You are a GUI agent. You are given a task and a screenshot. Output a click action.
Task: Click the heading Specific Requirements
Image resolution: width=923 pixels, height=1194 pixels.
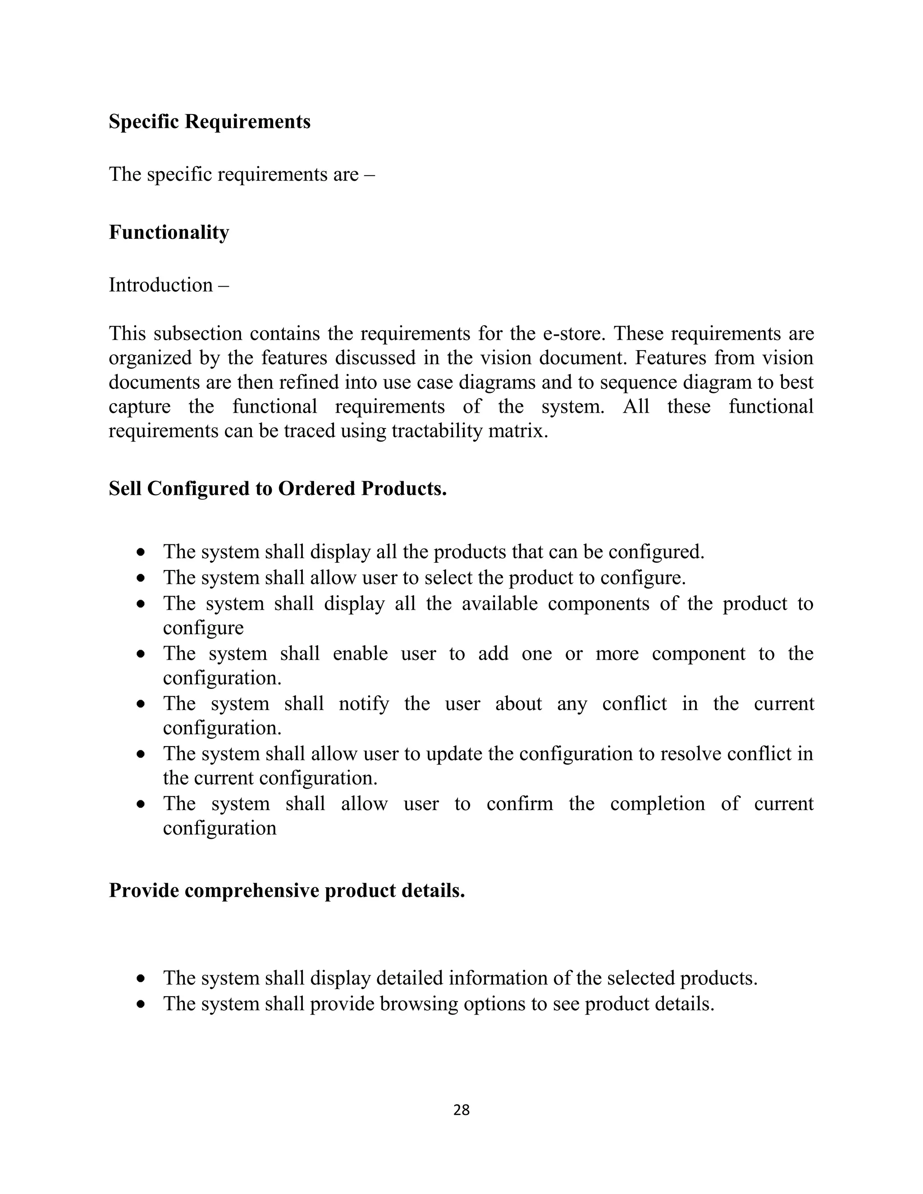[x=210, y=121]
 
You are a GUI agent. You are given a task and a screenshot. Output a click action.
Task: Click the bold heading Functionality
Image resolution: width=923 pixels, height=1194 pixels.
[x=169, y=232]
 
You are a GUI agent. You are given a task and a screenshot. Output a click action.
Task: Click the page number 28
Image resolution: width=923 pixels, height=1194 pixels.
[x=461, y=1110]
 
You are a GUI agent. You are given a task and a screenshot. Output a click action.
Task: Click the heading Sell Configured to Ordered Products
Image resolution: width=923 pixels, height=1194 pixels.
[x=278, y=488]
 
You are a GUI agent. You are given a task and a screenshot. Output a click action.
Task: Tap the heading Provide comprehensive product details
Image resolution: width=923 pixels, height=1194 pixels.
[x=287, y=891]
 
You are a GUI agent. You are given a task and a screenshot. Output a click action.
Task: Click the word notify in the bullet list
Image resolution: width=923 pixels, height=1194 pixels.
[x=364, y=704]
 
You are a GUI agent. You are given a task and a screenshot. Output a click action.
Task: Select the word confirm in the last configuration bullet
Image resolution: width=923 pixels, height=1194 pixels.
[x=520, y=804]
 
